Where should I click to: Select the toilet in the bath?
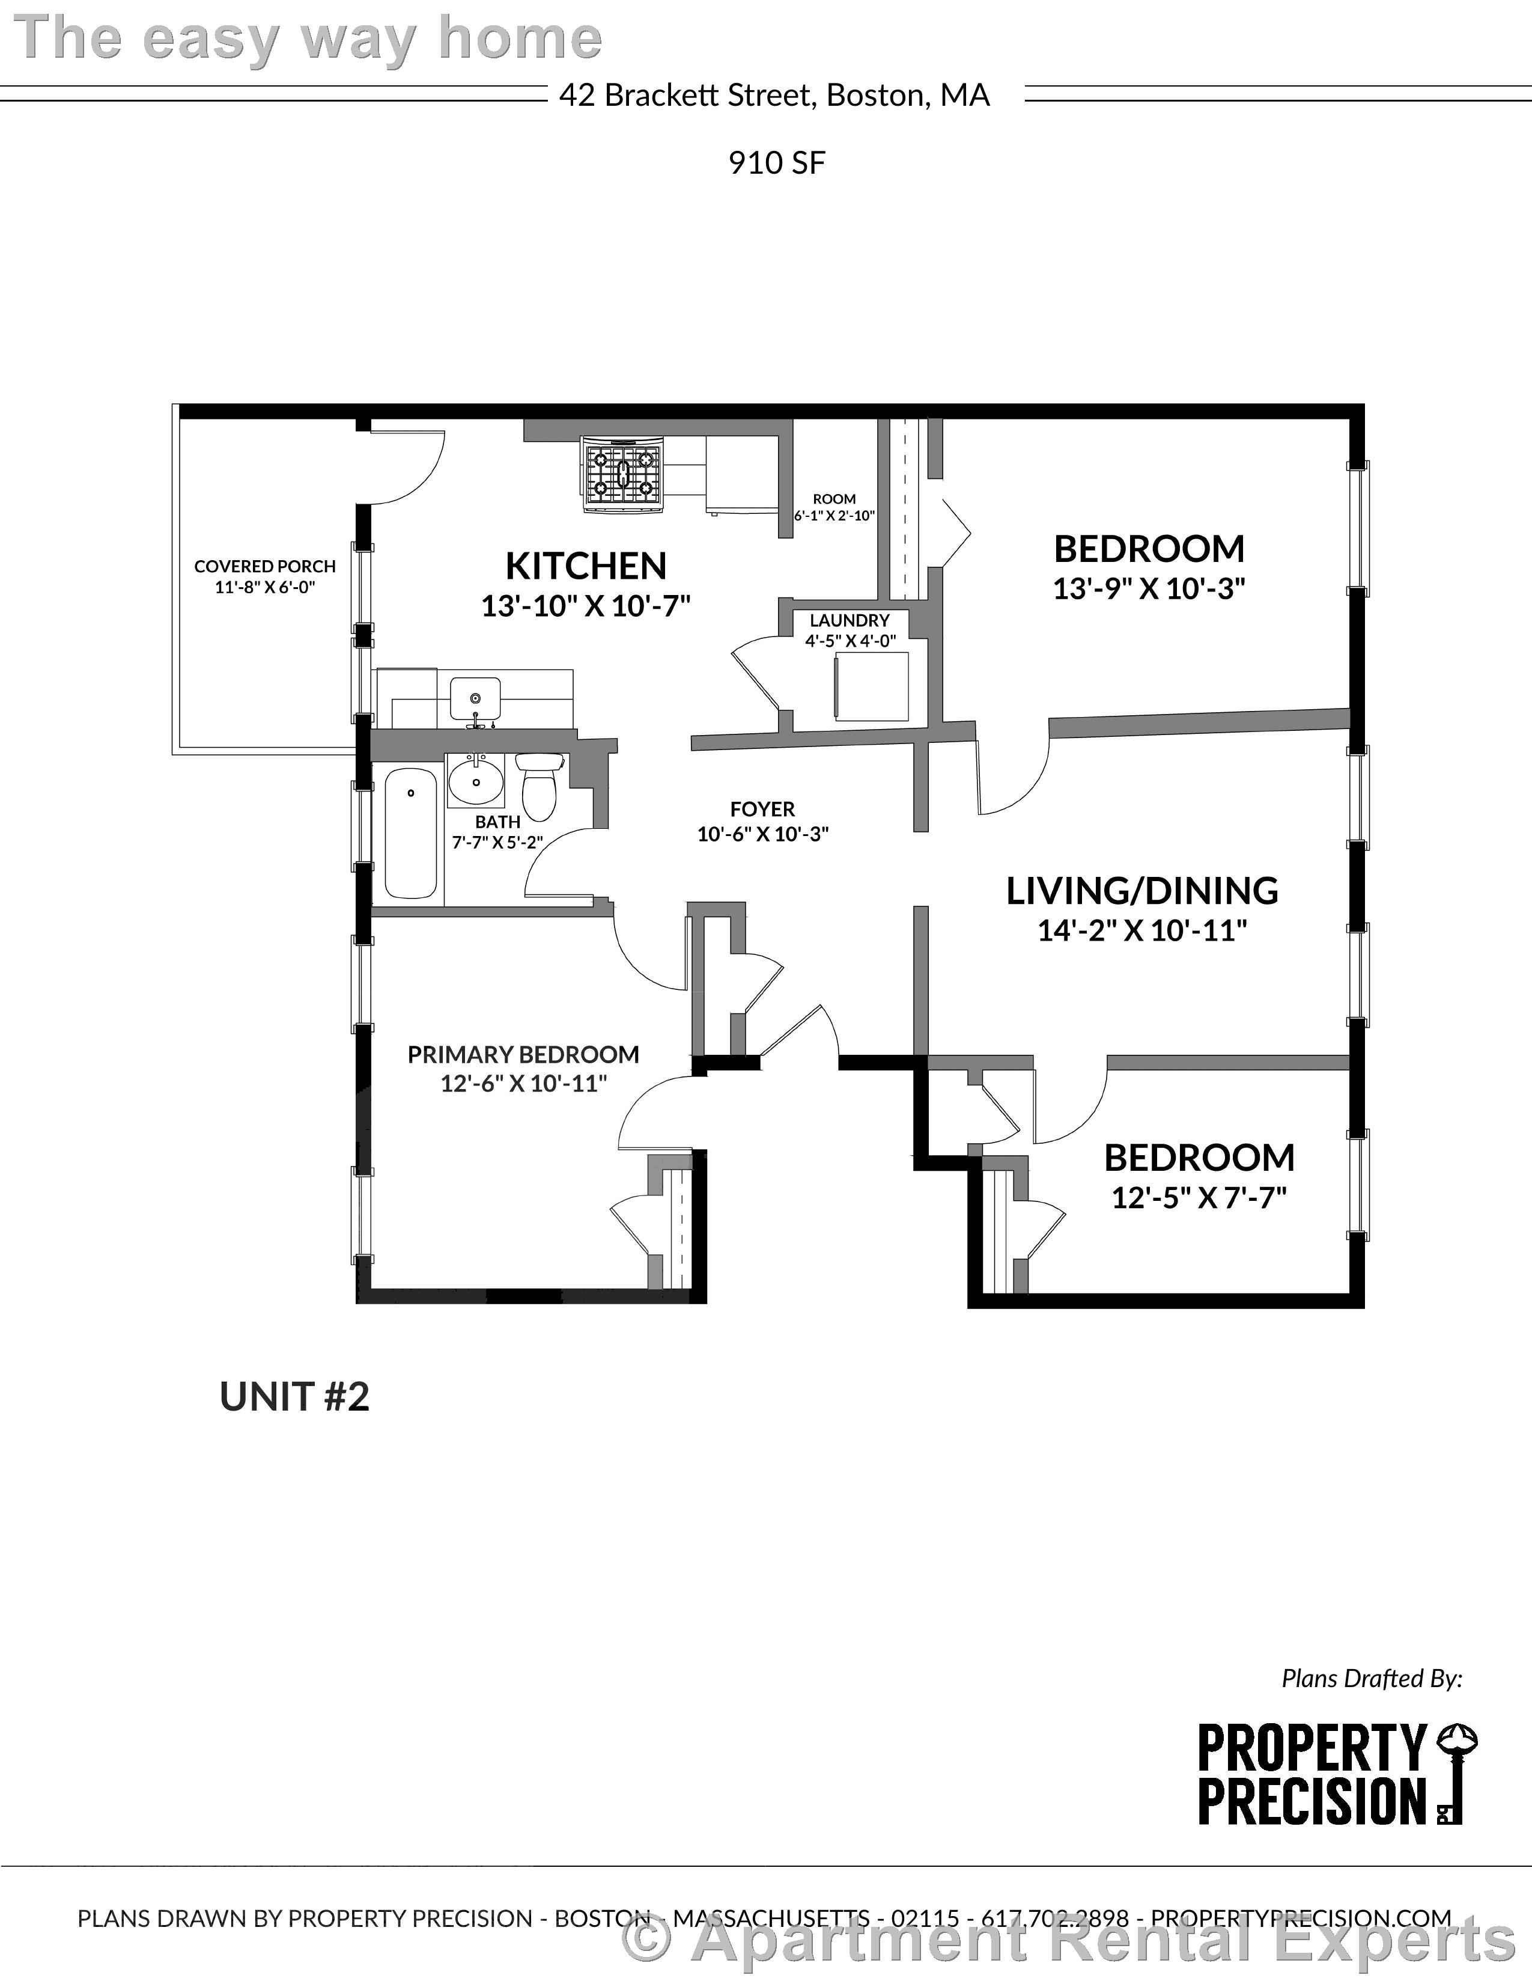pyautogui.click(x=538, y=786)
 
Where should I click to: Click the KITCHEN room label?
pyautogui.click(x=586, y=566)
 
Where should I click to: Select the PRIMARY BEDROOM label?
pyautogui.click(x=523, y=1055)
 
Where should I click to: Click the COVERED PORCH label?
pyautogui.click(x=265, y=566)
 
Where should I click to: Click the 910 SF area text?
pyautogui.click(x=776, y=163)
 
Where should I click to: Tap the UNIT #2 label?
pyautogui.click(x=295, y=1396)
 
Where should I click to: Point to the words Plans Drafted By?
pyautogui.click(x=1371, y=1679)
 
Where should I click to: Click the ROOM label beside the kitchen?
pyautogui.click(x=834, y=499)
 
